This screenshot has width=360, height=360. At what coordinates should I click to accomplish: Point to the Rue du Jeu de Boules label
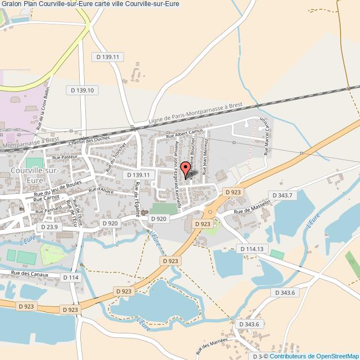(58, 188)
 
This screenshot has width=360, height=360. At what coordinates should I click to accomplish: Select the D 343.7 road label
(283, 195)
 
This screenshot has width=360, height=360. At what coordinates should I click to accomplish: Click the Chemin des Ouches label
(89, 142)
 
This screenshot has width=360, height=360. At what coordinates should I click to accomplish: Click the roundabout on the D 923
(209, 212)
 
